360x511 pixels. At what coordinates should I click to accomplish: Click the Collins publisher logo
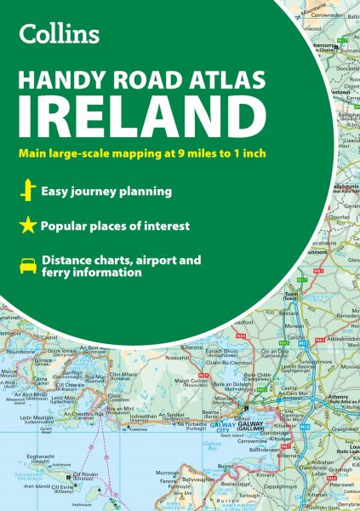tap(60, 33)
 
